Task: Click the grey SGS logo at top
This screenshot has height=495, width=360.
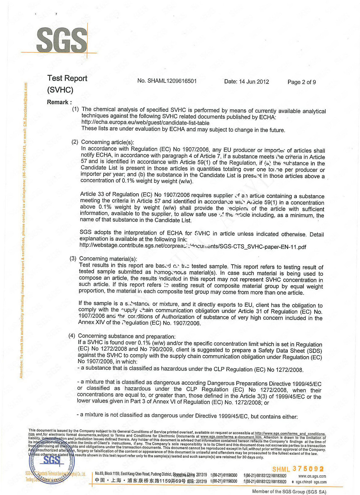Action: pos(62,40)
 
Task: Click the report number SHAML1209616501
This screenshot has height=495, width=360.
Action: pos(167,81)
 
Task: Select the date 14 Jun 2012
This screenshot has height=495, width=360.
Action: pos(247,82)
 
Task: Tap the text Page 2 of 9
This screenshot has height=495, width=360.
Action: pos(302,82)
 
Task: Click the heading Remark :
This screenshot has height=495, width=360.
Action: pos(59,102)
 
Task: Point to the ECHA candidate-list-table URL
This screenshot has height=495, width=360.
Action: pos(145,123)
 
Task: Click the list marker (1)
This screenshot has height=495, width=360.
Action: pos(75,109)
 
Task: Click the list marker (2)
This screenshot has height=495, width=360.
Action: pos(75,142)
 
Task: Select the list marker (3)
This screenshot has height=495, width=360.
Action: pos(73,258)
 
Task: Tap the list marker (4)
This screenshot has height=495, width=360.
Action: pos(72,336)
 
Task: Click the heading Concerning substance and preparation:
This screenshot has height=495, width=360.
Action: pos(127,336)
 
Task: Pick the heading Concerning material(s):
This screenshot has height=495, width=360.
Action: pos(108,259)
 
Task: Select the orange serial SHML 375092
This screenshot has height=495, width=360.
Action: pos(298,469)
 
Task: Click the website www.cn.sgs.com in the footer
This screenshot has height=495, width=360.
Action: pos(312,476)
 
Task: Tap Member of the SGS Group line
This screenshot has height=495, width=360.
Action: pos(289,491)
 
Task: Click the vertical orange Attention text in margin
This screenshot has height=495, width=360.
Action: pos(23,230)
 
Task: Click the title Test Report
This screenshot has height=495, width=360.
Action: pos(67,78)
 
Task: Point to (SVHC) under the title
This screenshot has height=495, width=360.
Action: pos(60,90)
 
